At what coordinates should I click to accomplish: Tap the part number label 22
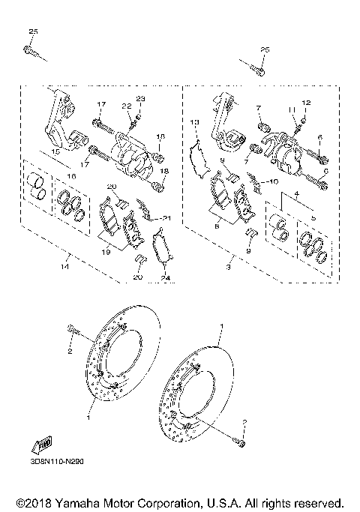click(127, 106)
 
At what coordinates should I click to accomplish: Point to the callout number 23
click(140, 100)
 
